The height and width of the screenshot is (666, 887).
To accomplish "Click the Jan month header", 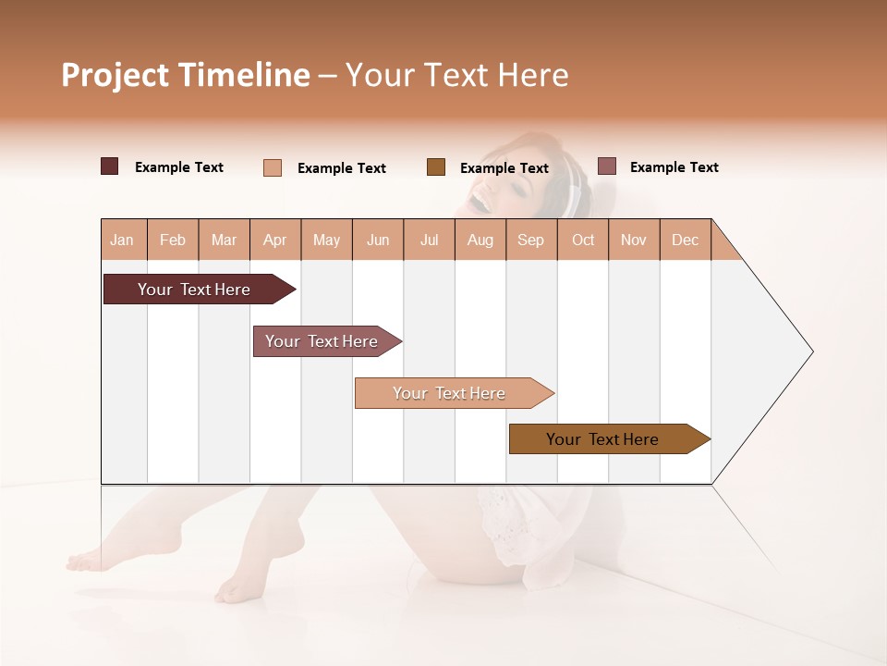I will [122, 240].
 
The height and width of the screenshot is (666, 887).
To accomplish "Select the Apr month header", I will [274, 240].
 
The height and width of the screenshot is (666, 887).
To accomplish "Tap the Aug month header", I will [480, 240].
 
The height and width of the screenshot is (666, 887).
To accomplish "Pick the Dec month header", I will [685, 240].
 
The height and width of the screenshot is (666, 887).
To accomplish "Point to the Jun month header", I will [378, 240].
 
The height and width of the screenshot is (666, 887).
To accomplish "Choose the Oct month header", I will [583, 240].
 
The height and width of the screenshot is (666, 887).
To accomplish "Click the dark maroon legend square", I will [109, 166].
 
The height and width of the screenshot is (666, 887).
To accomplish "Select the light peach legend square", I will [272, 167].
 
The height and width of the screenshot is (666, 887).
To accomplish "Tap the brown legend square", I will [436, 167].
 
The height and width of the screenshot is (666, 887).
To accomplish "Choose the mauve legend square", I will [606, 166].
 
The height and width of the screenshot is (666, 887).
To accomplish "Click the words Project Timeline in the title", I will [185, 75].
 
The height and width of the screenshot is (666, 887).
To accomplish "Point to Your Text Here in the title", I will [457, 75].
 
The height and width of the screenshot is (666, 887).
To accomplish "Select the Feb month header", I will [173, 240].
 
